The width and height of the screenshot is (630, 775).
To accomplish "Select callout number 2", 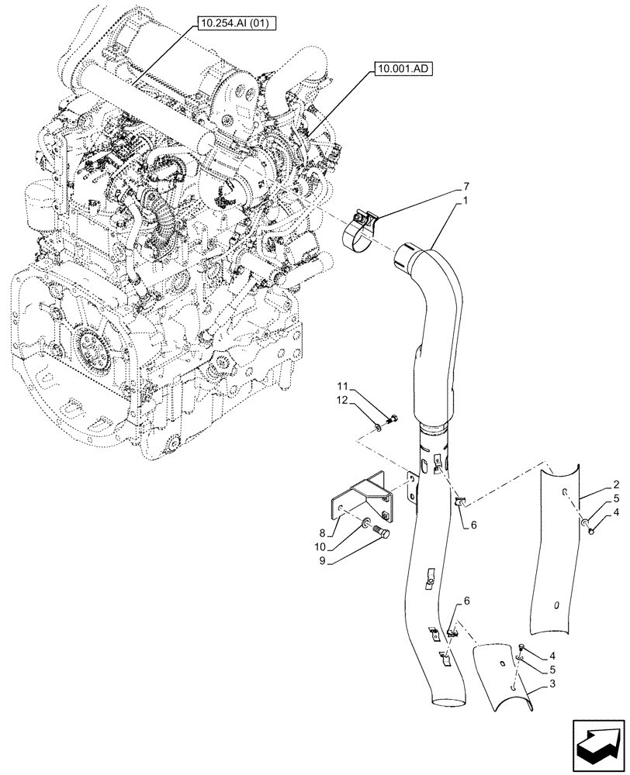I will tap(594, 482).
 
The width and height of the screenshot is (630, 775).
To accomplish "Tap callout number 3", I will tap(551, 684).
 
